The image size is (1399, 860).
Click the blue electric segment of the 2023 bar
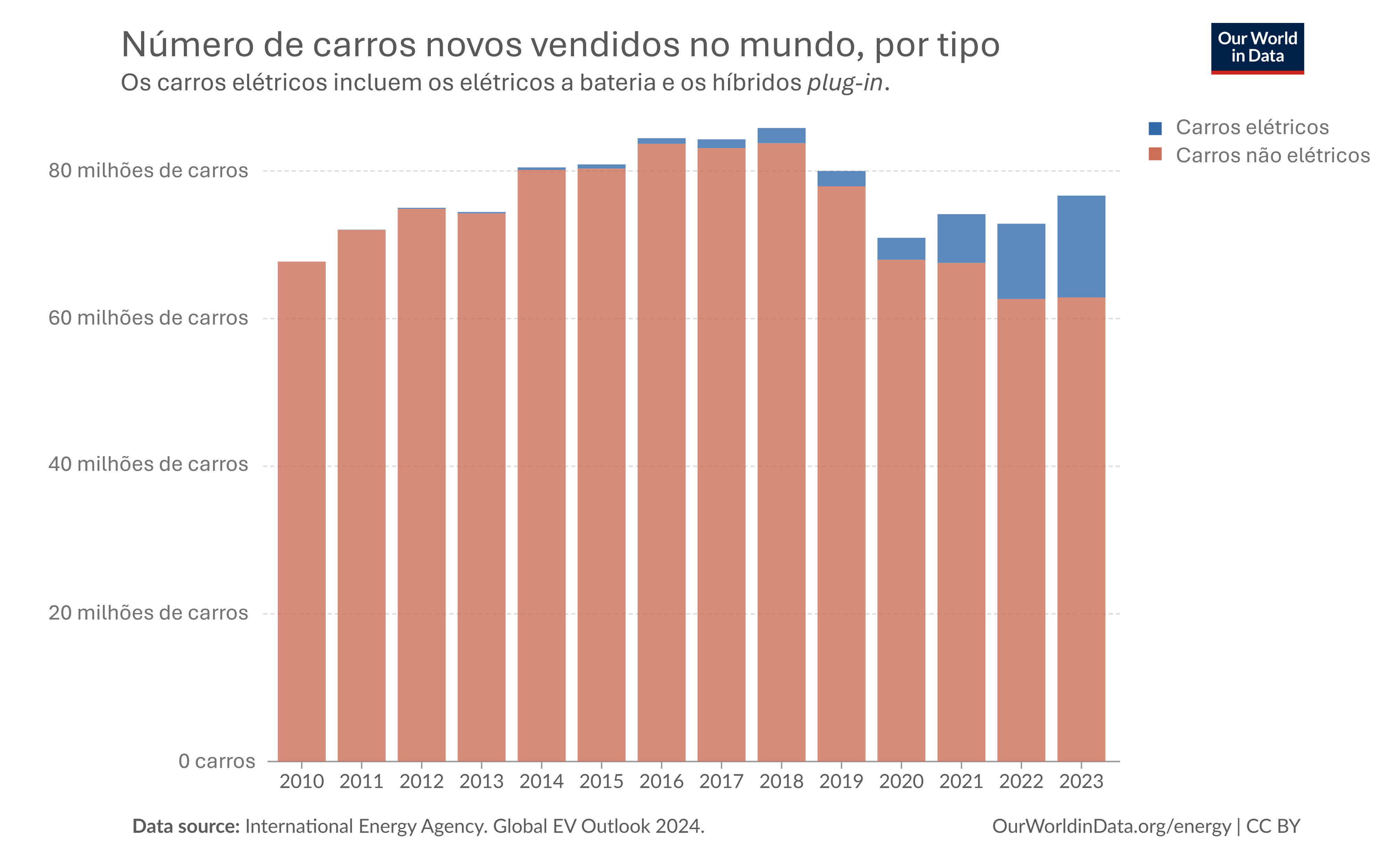click(1081, 246)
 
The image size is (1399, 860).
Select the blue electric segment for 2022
click(1021, 261)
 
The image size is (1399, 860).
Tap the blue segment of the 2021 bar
click(961, 238)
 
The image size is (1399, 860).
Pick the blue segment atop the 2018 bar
click(782, 136)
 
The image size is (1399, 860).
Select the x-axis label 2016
click(661, 781)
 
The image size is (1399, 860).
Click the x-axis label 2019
click(841, 781)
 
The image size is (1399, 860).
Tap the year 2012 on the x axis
click(422, 781)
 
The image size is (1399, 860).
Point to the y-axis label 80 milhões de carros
click(148, 171)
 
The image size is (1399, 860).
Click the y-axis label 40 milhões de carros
click(148, 464)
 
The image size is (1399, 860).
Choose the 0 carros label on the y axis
click(217, 761)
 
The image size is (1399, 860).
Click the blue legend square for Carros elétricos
click(1155, 128)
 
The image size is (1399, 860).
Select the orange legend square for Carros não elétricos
click(1155, 154)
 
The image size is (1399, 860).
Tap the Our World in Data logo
click(1257, 48)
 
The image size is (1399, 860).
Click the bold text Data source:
click(186, 826)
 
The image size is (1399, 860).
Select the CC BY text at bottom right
click(1273, 826)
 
